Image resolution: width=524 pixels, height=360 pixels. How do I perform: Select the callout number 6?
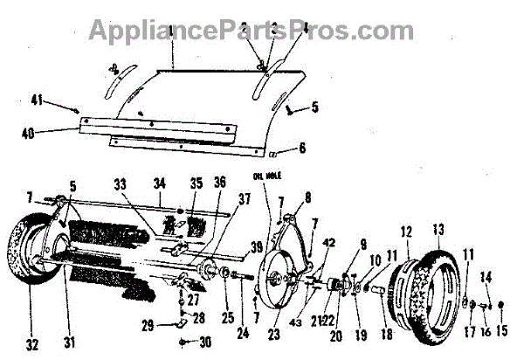[302, 148]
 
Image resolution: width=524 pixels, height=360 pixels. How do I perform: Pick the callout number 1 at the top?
[173, 33]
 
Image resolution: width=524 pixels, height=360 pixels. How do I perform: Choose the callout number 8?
[307, 197]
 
